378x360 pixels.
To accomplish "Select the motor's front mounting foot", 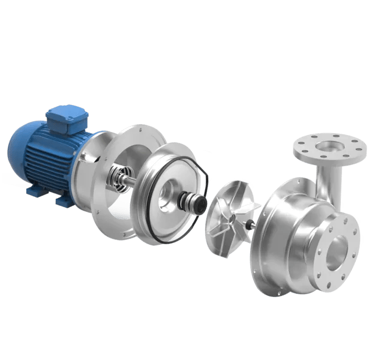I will [65, 199].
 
